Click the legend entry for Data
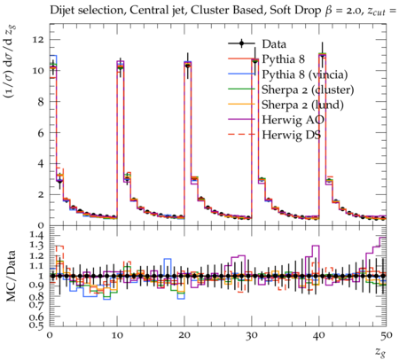tap(274, 44)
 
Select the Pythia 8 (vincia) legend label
tap(305, 74)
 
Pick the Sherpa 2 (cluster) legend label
tap(308, 90)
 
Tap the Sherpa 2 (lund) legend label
tap(302, 105)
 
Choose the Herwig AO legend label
tap(293, 120)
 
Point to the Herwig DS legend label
tap(292, 135)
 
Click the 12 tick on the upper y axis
tap(38, 40)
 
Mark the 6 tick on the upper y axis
tap(41, 133)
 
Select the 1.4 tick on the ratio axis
tap(37, 236)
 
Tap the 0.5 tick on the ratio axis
tap(37, 325)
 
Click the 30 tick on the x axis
tap(252, 335)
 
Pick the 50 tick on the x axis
tap(387, 335)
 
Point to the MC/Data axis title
tap(12, 276)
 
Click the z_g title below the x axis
tap(380, 351)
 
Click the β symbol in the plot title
tap(328, 11)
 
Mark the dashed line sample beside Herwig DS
tap(241, 135)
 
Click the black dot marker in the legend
tap(241, 43)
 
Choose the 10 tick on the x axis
tap(117, 335)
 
